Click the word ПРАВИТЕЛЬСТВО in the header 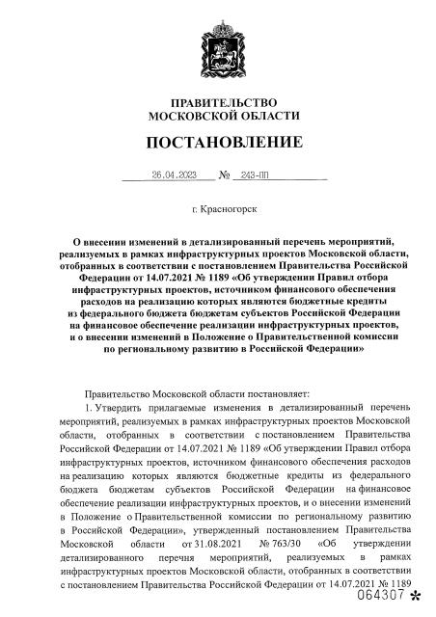[223, 102]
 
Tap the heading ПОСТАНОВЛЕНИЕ [223, 144]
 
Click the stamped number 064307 [383, 598]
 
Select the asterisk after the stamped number [416, 600]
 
